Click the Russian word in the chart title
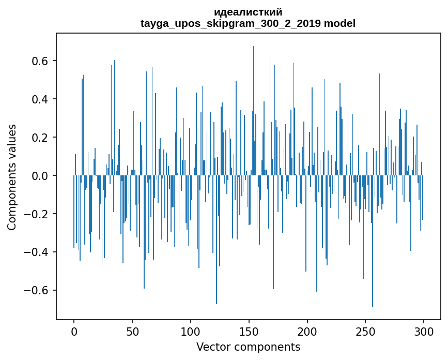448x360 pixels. tap(248, 12)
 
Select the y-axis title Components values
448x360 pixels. tap(12, 177)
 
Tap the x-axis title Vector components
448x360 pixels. tap(248, 347)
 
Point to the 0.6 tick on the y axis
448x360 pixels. tap(40, 61)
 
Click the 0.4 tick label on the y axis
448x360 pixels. tap(40, 99)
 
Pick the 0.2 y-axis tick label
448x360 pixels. tap(40, 138)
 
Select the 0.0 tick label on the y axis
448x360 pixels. tap(40, 176)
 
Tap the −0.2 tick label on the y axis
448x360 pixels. tap(36, 214)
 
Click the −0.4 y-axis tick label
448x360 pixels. tap(36, 252)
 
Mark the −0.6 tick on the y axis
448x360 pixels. tap(36, 290)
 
